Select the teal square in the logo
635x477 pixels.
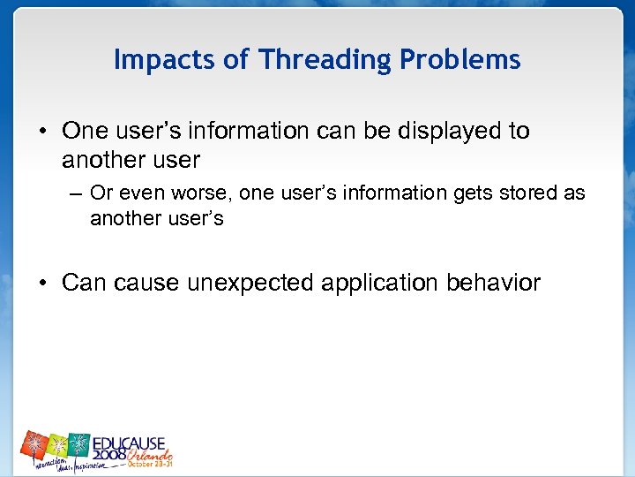[x=80, y=443]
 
